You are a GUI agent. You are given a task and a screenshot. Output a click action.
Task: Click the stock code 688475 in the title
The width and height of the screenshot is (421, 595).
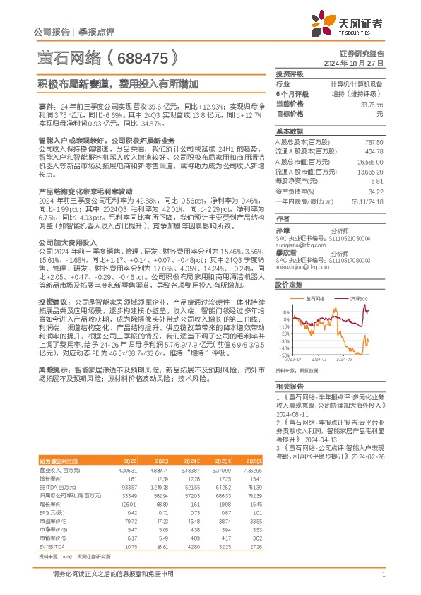[x=142, y=54]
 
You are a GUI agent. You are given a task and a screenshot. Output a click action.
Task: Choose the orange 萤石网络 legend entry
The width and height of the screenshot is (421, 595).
[x=315, y=299]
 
